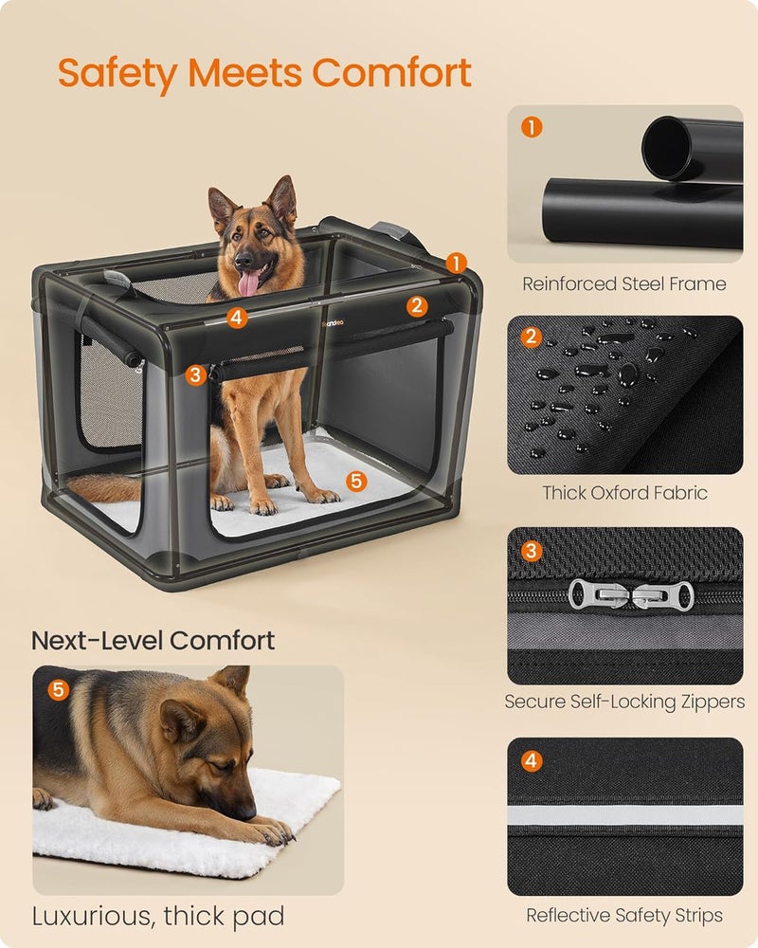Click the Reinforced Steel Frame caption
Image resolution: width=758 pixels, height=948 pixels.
coord(624,283)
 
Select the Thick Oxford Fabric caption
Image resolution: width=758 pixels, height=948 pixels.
coord(624,493)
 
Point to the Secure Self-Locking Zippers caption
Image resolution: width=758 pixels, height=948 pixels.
coord(624,702)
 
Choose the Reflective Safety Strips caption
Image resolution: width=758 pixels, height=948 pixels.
coord(624,915)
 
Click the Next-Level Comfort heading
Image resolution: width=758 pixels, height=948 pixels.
coord(153,640)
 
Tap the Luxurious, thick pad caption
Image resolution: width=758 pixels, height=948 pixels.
coord(158,917)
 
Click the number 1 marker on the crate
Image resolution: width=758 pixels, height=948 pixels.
coord(457,263)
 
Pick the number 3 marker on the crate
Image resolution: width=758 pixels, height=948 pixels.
coord(195,374)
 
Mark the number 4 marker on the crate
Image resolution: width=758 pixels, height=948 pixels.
coord(237,319)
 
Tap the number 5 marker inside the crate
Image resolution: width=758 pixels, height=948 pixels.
coord(355,482)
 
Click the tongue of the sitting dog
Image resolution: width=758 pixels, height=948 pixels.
coord(249,283)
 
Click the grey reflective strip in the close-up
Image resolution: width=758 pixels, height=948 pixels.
coord(624,814)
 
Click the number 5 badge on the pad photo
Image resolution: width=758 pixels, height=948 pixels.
coord(59,689)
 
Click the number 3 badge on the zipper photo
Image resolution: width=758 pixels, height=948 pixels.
coord(532,550)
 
